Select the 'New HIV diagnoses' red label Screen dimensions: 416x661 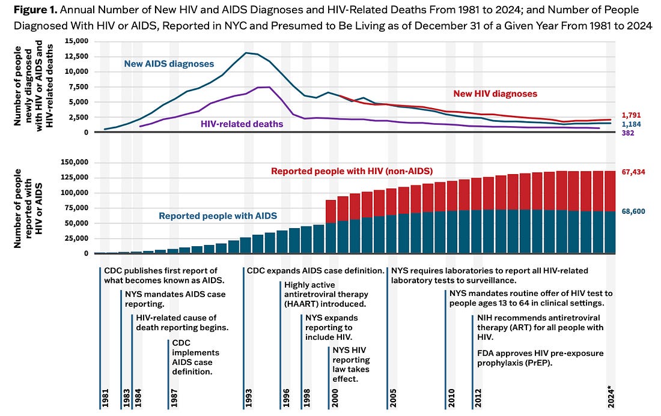[495, 94]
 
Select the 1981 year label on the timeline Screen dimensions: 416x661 [105, 396]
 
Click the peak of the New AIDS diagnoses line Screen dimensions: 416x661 [247, 53]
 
